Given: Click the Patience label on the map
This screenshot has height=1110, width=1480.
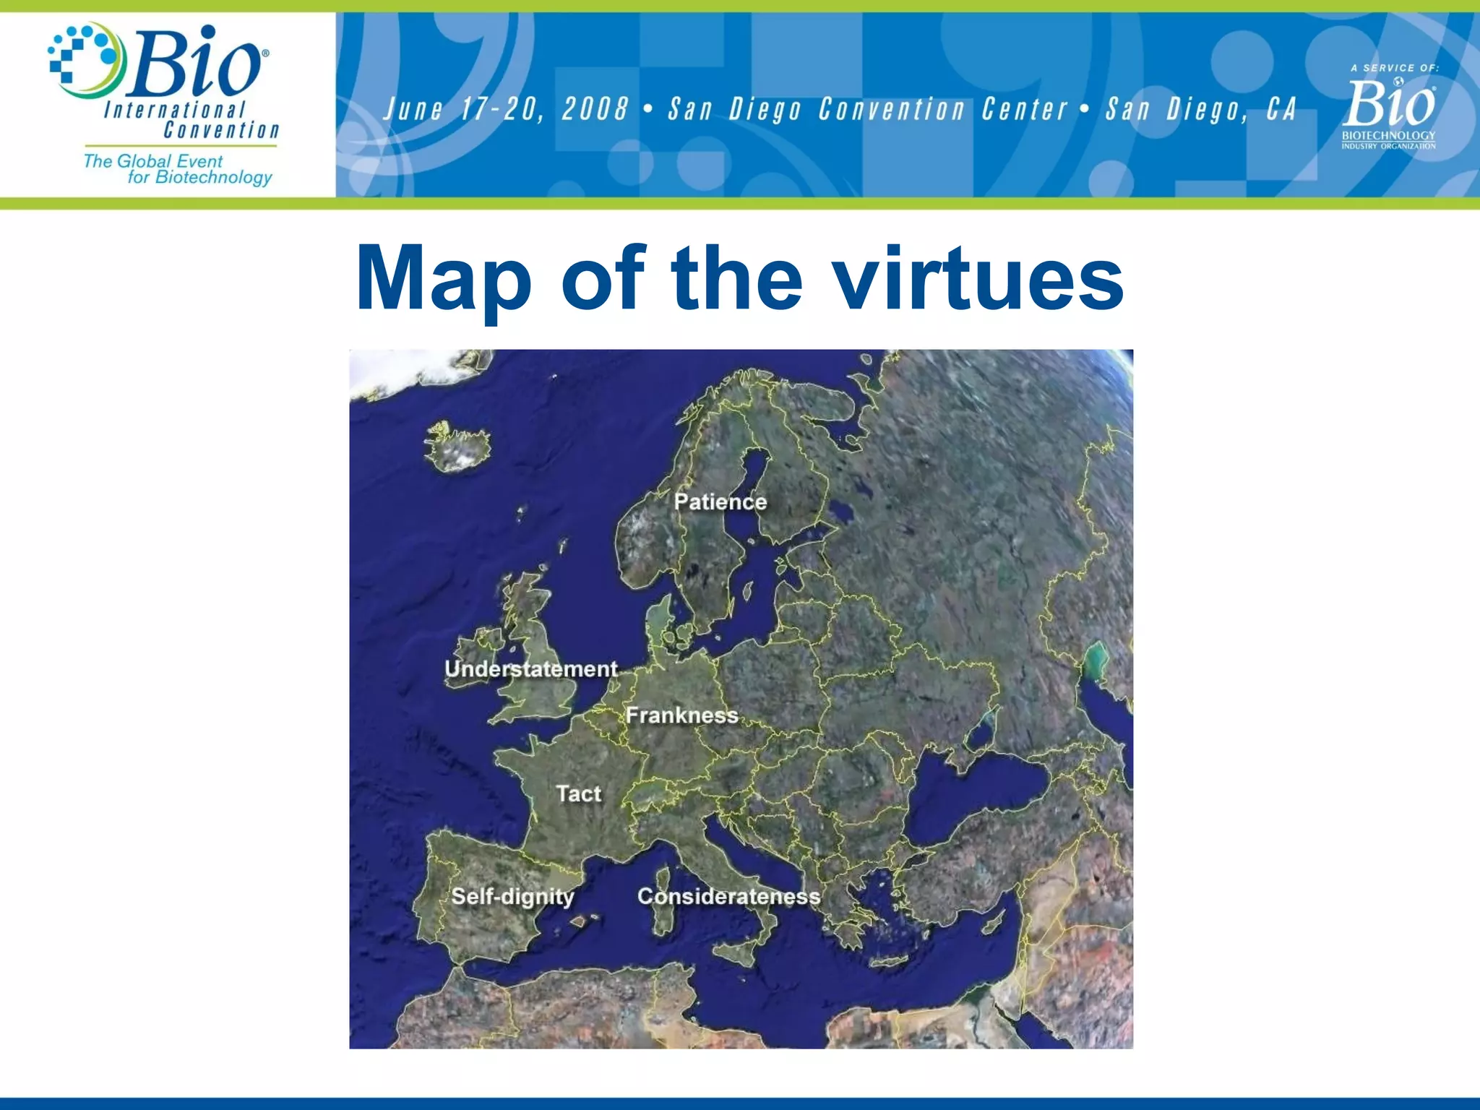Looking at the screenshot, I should click(720, 502).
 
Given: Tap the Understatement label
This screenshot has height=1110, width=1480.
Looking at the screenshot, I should click(531, 669).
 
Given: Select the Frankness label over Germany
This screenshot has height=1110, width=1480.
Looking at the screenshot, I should click(681, 715).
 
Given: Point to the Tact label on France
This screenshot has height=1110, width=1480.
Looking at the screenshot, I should click(578, 793).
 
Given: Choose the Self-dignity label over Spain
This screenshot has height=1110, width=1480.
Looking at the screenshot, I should click(512, 897).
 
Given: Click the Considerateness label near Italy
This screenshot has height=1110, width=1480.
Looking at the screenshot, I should click(728, 897).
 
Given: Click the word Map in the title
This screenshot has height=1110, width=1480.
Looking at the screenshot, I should click(443, 279).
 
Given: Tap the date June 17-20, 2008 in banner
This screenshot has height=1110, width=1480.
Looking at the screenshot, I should click(506, 110).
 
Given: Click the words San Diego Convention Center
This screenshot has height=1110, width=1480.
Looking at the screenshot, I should click(868, 110).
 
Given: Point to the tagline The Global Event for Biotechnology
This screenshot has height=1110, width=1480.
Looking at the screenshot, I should click(178, 169).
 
